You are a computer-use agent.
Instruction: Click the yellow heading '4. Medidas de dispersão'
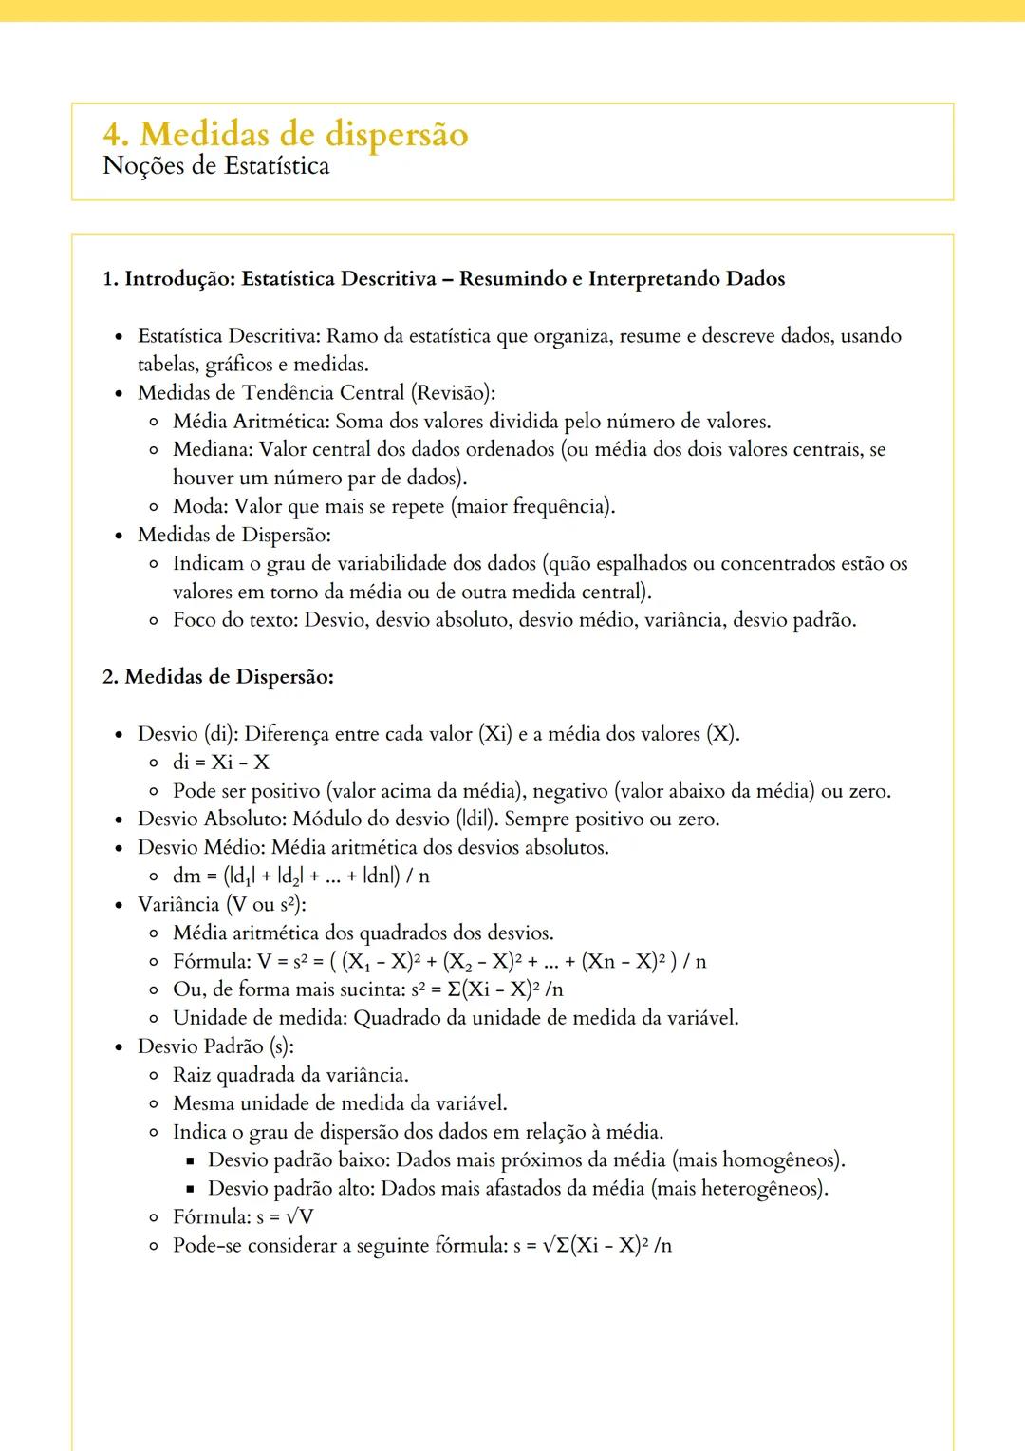point(285,134)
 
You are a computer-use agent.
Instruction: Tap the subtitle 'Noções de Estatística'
point(215,166)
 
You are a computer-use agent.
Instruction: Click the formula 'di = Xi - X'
point(221,763)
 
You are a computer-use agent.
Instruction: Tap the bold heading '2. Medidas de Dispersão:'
point(217,677)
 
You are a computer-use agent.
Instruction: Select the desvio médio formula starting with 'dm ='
point(301,876)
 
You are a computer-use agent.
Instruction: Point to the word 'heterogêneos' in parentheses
point(760,1189)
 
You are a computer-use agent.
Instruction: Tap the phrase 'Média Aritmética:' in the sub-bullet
point(251,422)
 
